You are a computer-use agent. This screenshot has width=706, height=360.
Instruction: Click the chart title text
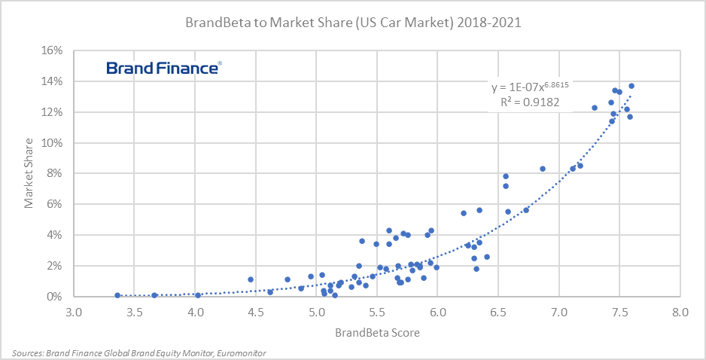(352, 23)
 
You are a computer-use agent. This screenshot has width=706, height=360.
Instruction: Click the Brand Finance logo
(163, 69)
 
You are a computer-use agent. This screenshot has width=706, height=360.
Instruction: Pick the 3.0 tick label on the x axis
(73, 312)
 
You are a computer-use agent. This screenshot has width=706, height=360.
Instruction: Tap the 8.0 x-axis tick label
(680, 312)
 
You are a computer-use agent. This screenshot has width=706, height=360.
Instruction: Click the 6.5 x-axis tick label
(498, 312)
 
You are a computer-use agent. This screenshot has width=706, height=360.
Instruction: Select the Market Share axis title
(28, 174)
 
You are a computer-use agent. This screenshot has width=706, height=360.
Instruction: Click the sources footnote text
(139, 352)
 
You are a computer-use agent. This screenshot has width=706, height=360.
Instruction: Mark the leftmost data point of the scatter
(117, 295)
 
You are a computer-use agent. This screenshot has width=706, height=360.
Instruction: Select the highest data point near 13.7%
(631, 86)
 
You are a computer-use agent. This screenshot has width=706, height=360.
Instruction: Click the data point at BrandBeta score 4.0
(198, 295)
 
